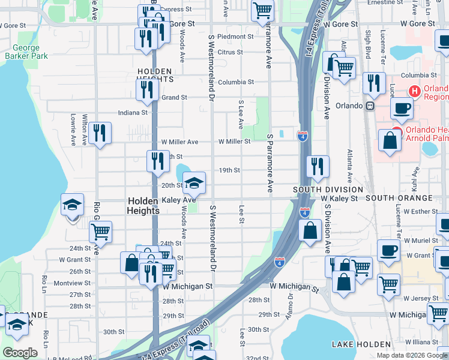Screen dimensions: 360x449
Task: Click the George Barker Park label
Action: (26, 52)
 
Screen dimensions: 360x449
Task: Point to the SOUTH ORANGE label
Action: (398, 198)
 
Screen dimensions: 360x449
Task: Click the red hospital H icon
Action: (414, 91)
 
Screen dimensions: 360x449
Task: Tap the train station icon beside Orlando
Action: (370, 106)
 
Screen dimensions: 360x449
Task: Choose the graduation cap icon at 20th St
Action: (194, 182)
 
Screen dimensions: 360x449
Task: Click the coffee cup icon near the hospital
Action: (402, 108)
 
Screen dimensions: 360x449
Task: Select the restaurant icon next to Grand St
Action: (146, 89)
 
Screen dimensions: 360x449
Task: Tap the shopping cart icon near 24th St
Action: (101, 230)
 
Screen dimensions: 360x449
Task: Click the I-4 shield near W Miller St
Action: (303, 137)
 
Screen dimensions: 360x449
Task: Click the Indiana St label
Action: (133, 112)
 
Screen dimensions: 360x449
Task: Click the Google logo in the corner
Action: (20, 353)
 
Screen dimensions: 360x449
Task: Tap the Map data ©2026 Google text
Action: (411, 355)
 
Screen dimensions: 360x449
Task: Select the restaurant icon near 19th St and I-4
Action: (318, 166)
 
